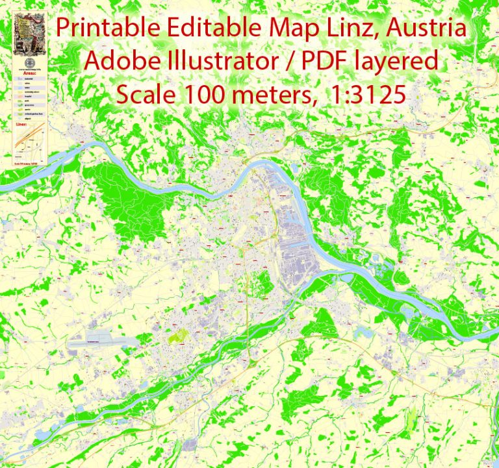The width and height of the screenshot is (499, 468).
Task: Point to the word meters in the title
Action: click(272, 95)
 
